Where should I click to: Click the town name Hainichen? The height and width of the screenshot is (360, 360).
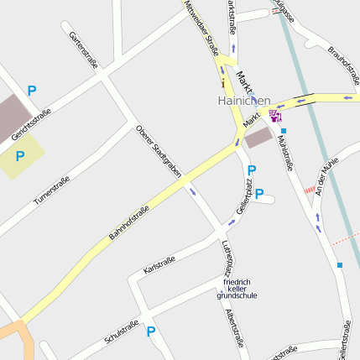click(x=244, y=101)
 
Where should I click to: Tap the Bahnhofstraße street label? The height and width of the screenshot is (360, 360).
click(x=129, y=223)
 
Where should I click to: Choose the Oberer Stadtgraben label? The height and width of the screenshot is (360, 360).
click(x=159, y=150)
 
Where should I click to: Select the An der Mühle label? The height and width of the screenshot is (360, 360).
click(x=328, y=178)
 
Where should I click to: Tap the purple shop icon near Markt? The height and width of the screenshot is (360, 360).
click(x=275, y=115)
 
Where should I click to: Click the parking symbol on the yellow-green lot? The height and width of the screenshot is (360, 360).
click(x=20, y=155)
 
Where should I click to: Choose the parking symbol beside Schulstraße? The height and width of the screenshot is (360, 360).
click(x=151, y=331)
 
